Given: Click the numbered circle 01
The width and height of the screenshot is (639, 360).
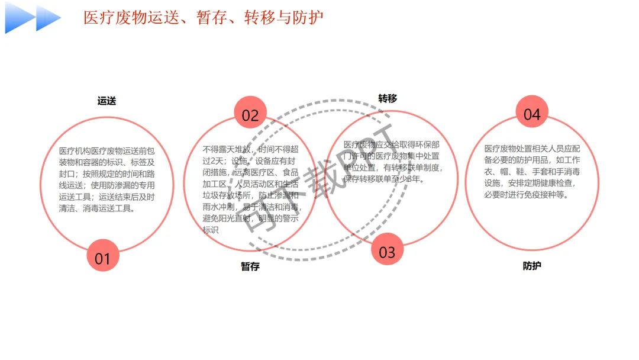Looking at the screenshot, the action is click(103, 258).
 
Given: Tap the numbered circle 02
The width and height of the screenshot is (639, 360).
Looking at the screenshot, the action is click(250, 115).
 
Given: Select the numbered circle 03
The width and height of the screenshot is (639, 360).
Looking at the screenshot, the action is click(387, 252).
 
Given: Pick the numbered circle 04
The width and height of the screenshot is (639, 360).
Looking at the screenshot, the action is click(532, 114).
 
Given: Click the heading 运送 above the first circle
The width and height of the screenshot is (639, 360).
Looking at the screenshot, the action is click(106, 101).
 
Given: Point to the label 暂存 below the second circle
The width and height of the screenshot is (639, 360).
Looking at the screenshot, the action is click(250, 266).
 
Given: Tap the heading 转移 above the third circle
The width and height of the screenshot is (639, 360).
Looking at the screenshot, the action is click(388, 98).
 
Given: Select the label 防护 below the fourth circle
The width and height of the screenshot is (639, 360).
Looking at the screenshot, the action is click(532, 266).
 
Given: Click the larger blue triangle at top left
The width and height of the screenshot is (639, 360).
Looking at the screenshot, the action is click(20, 18).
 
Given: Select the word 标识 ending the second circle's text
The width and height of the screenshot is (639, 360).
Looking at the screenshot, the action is click(211, 230).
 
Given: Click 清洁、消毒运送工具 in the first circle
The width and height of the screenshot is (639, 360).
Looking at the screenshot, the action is click(98, 208).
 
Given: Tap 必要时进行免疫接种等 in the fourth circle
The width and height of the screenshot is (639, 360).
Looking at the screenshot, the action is click(527, 194).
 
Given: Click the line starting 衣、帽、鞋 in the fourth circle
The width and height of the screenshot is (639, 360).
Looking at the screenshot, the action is click(532, 172).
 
